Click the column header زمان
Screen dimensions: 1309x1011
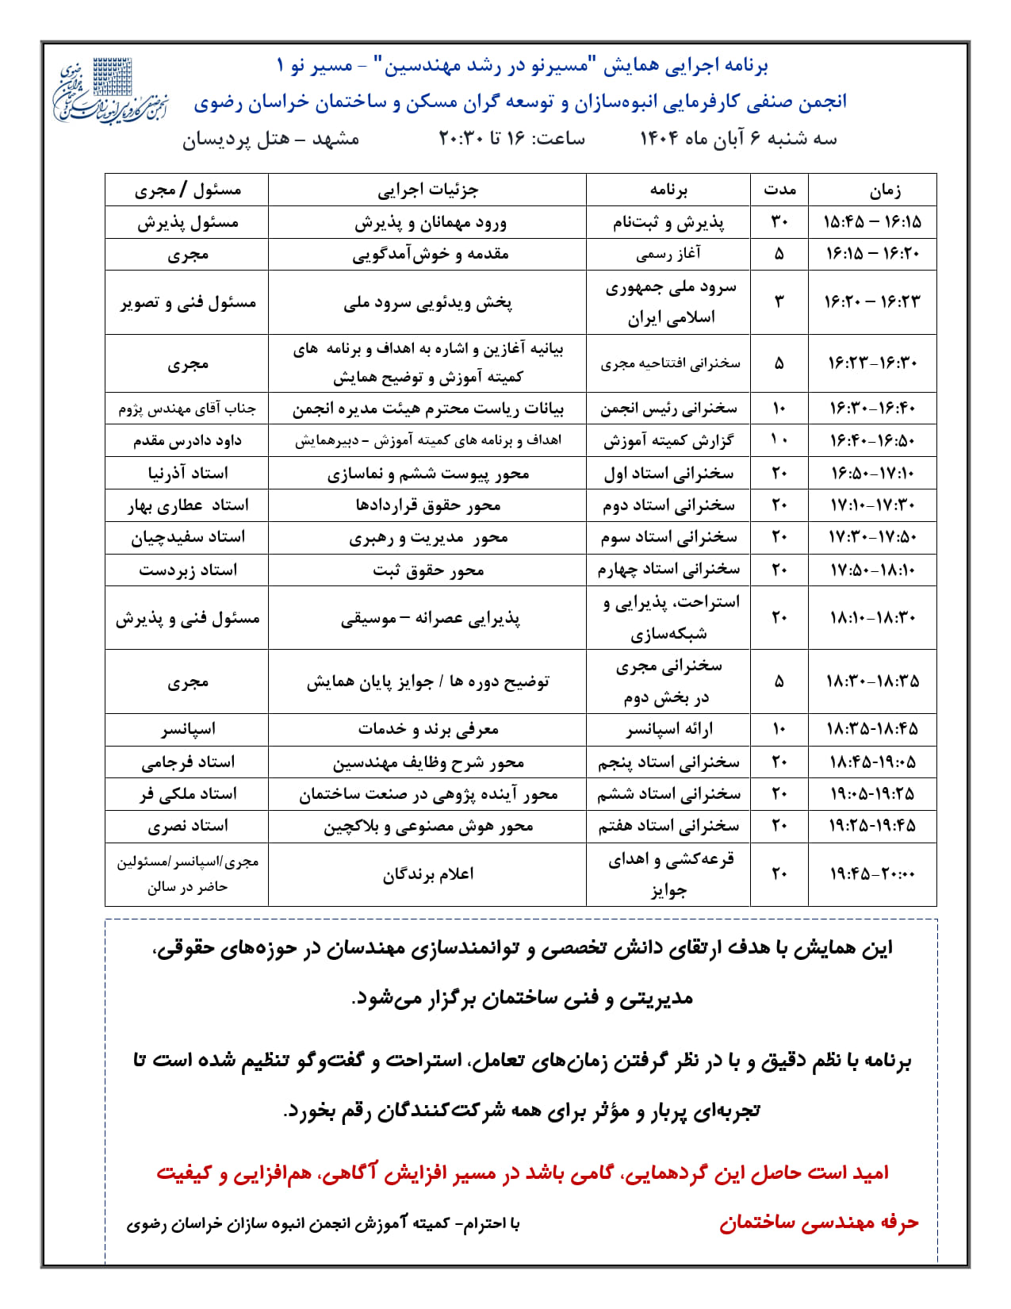872,190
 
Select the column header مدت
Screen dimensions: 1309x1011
779,190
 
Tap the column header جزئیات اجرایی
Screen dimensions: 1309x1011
427,190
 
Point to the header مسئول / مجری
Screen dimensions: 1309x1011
187,190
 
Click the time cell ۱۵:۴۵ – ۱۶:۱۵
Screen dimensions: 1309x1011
872,222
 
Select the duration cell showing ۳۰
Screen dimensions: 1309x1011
779,222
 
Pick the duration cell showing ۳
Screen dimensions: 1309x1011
779,302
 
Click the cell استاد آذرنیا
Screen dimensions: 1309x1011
187,473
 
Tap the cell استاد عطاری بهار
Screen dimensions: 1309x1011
187,505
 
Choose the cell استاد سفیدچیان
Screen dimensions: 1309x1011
187,537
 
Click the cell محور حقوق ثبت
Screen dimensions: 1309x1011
427,570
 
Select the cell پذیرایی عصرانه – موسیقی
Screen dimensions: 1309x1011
427,618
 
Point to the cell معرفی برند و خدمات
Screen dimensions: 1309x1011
427,729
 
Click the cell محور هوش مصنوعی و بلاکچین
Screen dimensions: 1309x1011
427,826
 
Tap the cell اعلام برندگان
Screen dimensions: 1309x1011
427,873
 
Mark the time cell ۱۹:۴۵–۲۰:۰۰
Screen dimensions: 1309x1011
872,873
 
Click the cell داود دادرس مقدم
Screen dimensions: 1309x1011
187,440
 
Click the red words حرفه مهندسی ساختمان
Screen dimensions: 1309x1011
818,1223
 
